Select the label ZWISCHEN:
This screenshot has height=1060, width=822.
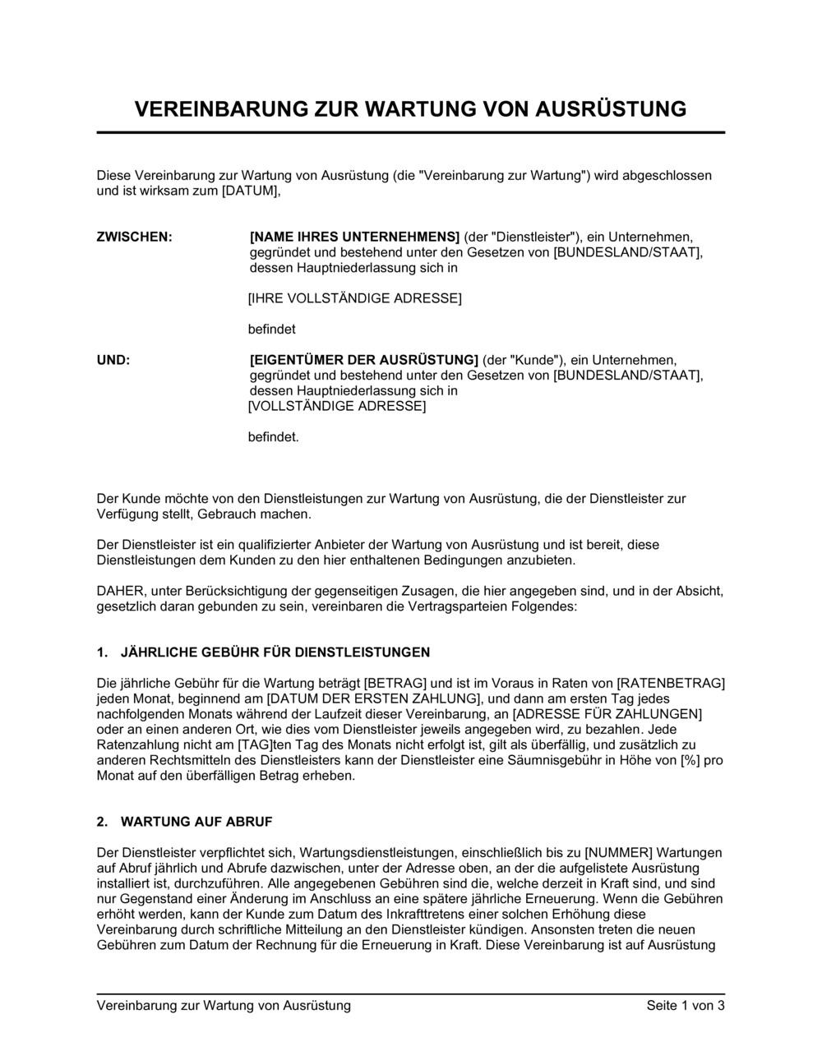[135, 237]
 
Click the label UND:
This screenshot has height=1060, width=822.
[113, 360]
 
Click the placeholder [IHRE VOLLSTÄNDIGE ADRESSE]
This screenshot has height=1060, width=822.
[354, 298]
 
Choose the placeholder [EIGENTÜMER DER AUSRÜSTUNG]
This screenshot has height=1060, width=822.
[363, 360]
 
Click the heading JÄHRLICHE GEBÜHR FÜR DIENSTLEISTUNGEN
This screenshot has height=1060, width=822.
[275, 652]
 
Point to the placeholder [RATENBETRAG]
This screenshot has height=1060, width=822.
[671, 683]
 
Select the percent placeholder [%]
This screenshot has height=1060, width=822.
[690, 760]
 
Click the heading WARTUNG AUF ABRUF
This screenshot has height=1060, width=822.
[196, 822]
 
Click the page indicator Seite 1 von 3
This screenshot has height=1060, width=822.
[686, 1006]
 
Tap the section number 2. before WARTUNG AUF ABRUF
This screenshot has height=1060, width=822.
[103, 822]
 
